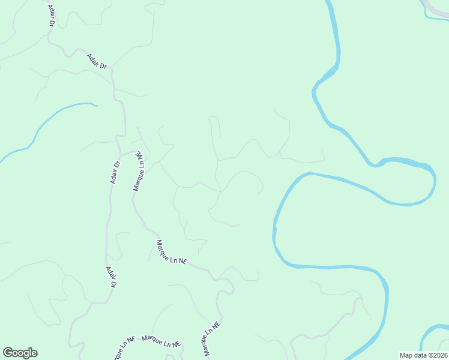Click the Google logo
[x=20, y=353]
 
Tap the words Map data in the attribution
[x=412, y=355]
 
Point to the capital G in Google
[x=8, y=353]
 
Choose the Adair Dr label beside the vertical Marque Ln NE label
[x=116, y=172]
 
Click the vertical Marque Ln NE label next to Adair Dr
[x=139, y=171]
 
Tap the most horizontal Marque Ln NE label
[x=161, y=341]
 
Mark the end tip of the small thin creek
[x=96, y=106]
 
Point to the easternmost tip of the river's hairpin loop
[x=435, y=180]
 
